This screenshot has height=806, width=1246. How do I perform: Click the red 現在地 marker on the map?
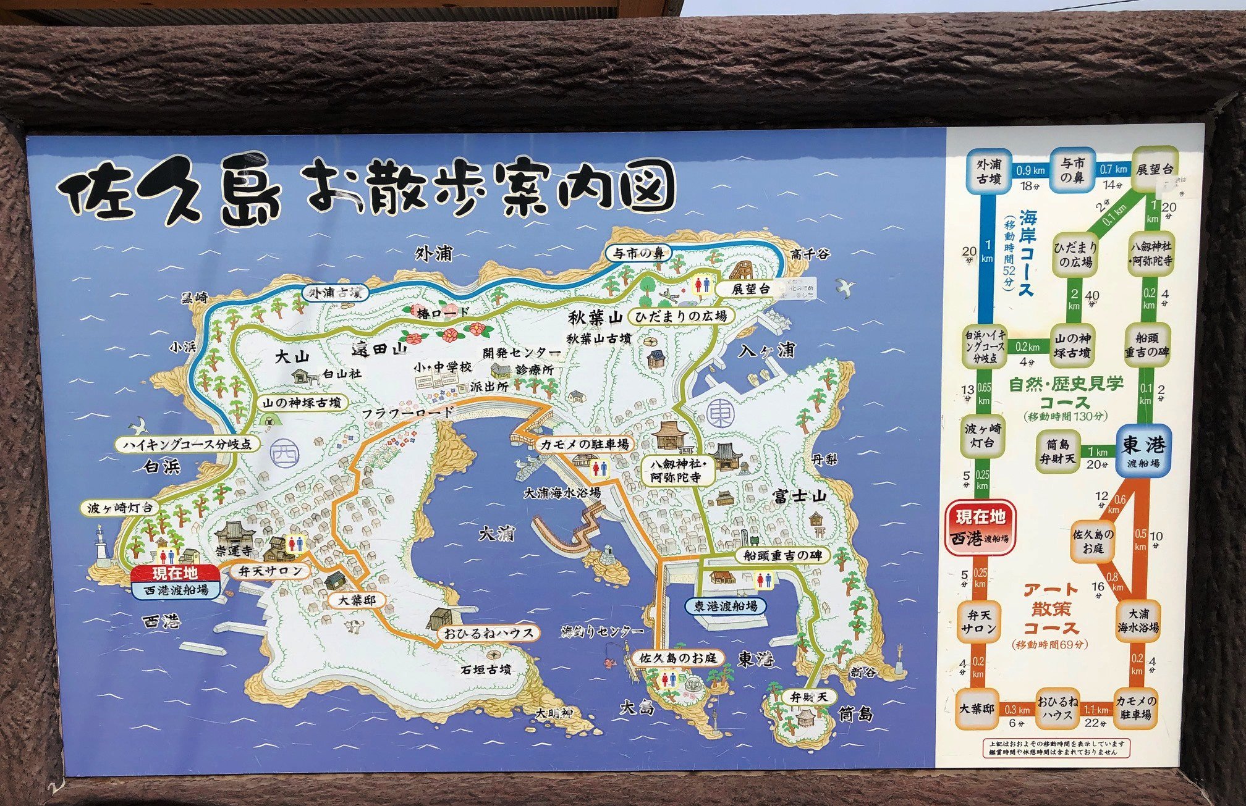(x=175, y=573)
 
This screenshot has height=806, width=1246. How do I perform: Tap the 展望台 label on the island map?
(x=750, y=288)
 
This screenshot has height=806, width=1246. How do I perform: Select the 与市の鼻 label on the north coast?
(x=638, y=253)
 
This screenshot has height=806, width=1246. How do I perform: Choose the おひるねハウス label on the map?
(x=488, y=633)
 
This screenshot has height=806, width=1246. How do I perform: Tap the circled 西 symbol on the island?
(x=285, y=454)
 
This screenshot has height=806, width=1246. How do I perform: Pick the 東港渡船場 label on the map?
(x=725, y=606)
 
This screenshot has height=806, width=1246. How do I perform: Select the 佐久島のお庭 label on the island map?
(x=677, y=658)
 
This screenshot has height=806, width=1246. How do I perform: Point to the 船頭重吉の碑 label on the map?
(x=782, y=555)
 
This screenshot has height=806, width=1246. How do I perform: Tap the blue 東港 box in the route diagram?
(x=1143, y=451)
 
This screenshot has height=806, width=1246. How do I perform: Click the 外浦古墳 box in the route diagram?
(x=988, y=171)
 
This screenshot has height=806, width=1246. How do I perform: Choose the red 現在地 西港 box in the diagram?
(x=980, y=527)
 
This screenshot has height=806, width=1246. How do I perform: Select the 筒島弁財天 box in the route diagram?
(x=1057, y=451)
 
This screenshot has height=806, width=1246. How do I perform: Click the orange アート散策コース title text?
(x=1051, y=609)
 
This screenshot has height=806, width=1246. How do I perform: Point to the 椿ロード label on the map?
(x=443, y=313)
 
